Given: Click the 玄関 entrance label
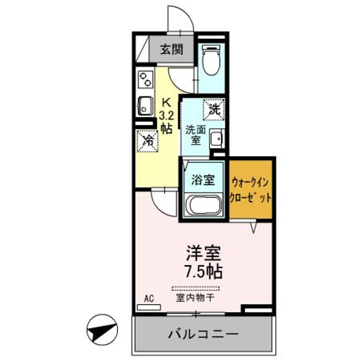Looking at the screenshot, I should coord(171,49).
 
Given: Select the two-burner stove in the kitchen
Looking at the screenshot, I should coord(145,79).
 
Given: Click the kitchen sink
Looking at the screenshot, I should coord(145,105).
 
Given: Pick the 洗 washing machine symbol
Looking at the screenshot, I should coord(213,107).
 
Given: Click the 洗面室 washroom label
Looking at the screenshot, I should coord(194,134).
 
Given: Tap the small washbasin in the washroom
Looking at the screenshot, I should coord(216,138).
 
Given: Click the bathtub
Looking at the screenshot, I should coord(204,205).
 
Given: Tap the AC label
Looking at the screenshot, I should coord(148,298).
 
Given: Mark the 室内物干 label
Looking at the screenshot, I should coord(195,298).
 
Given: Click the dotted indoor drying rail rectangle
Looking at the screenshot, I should coord(195,288).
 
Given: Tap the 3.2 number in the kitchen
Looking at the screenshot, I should coord(166,115).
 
